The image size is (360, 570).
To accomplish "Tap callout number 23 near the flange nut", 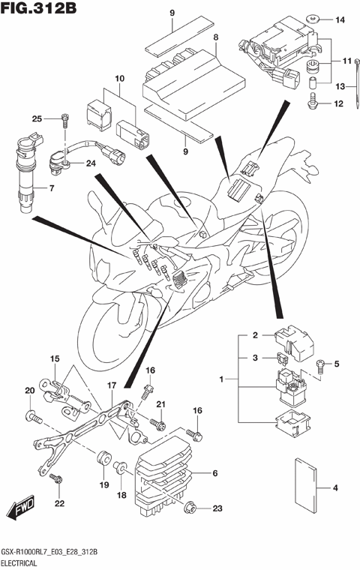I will (217, 508).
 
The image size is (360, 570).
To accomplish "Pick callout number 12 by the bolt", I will (337, 104).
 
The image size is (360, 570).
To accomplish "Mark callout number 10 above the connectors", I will (118, 78).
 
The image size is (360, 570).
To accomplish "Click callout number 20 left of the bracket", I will (30, 391).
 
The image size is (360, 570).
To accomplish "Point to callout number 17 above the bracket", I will (111, 385).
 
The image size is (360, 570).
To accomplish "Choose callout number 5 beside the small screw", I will (337, 364).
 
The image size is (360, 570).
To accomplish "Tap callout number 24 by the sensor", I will (90, 163).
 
